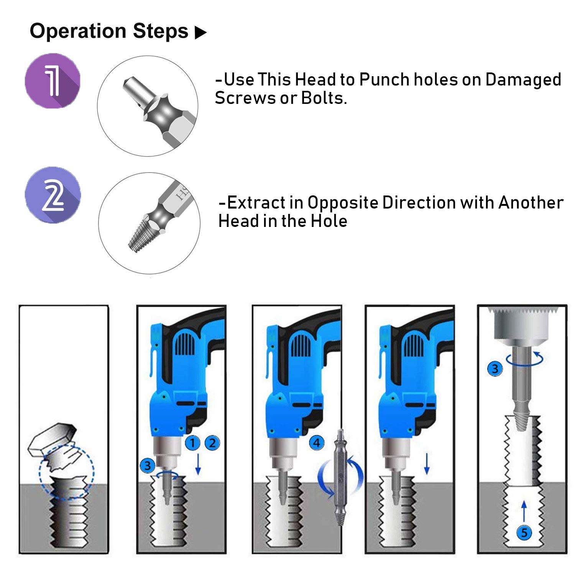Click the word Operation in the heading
tap(78, 31)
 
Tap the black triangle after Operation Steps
tap(200, 33)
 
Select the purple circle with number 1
tap(53, 81)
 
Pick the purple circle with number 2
tap(53, 195)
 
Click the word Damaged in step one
tap(523, 80)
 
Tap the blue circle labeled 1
tap(192, 443)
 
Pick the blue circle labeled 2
tap(212, 443)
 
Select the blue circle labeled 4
tap(317, 443)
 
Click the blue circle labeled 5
tap(524, 532)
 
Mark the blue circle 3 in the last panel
tap(495, 369)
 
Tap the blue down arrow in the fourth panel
tap(427, 464)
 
